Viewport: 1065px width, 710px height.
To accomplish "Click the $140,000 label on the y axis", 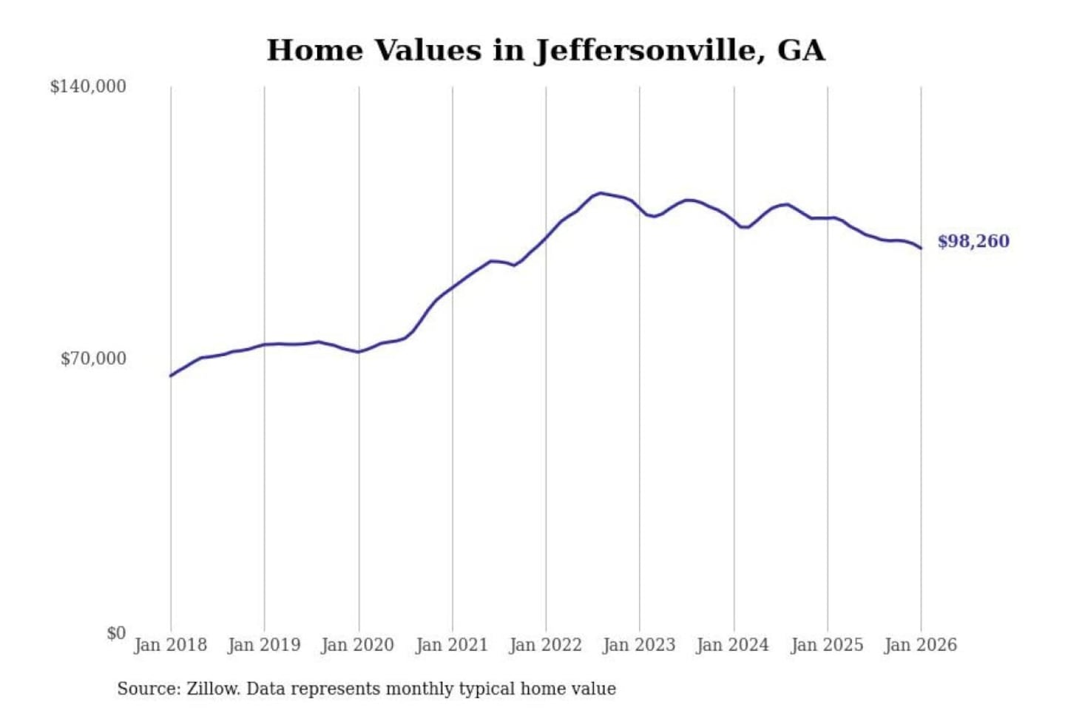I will (x=88, y=87).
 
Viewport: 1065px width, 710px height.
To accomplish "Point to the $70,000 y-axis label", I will (x=93, y=359).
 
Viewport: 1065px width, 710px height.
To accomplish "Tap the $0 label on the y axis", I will (x=116, y=633).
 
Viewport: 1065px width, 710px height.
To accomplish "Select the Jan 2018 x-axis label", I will (x=170, y=645).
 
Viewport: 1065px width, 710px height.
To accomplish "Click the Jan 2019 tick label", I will (x=264, y=645).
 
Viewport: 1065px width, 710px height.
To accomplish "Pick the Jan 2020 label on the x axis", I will (x=357, y=645).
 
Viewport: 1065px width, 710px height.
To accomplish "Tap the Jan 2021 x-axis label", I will (x=452, y=645).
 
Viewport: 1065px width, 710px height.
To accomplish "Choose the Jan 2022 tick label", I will (x=546, y=645).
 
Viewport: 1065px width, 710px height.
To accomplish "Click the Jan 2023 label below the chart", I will (x=639, y=645).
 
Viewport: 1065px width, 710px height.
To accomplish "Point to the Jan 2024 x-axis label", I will (x=733, y=645).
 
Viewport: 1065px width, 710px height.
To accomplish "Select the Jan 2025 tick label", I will (x=827, y=645).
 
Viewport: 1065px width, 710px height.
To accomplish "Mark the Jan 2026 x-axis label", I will (x=921, y=645).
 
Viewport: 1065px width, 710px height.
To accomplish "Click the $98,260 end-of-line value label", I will (x=973, y=241).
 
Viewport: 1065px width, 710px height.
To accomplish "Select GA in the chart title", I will (x=801, y=50).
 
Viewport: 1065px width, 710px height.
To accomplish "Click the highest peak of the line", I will (x=601, y=193).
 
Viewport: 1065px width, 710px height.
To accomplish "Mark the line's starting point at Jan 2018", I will (x=171, y=376).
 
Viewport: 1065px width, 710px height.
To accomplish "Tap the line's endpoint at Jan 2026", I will (x=921, y=248).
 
